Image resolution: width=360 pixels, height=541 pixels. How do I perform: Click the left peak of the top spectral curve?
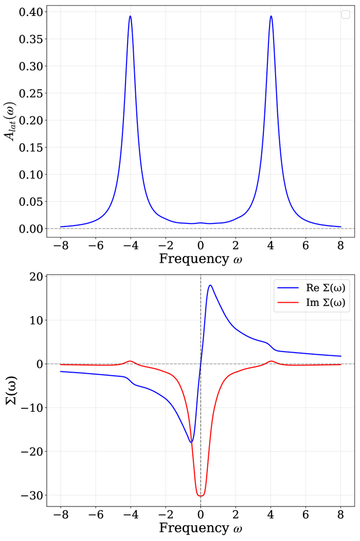[130, 16]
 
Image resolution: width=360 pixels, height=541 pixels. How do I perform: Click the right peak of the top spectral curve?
[271, 16]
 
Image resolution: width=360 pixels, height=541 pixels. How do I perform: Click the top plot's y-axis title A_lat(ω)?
[11, 120]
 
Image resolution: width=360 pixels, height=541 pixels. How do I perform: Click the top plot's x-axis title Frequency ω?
[200, 258]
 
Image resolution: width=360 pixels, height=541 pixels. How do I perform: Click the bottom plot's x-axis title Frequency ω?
[200, 528]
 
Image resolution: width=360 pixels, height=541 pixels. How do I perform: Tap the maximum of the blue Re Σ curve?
[210, 285]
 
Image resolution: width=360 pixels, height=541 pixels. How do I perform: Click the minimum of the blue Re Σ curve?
[191, 442]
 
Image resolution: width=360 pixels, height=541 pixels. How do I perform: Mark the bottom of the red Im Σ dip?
[201, 496]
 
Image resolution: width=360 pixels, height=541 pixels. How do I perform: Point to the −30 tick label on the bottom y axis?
[33, 495]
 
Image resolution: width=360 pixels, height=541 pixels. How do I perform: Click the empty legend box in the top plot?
[346, 15]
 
